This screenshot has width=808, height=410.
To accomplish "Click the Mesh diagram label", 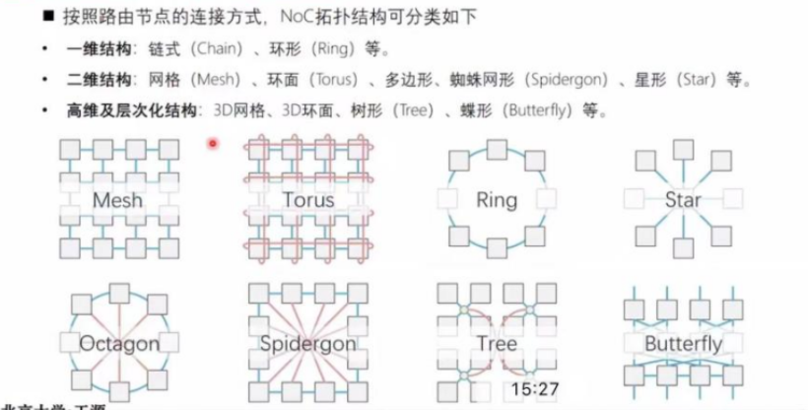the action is tap(117, 200).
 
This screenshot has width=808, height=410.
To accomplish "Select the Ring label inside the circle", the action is tap(496, 200).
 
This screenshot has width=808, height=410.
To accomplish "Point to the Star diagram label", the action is tap(682, 200).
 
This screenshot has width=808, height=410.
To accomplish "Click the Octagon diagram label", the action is tap(118, 344).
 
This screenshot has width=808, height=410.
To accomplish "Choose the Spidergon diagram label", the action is tap(307, 344).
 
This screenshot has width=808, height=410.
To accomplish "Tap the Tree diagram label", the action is tap(496, 343).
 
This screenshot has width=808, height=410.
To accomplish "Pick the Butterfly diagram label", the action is tap(682, 344).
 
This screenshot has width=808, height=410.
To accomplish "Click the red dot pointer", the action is tap(213, 143).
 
